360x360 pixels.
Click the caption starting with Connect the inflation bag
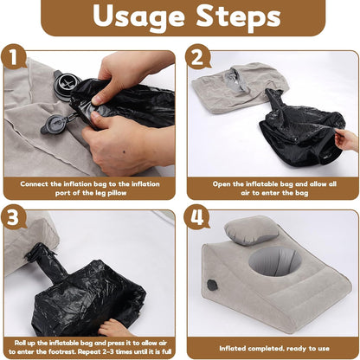pyautogui.click(x=90, y=188)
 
